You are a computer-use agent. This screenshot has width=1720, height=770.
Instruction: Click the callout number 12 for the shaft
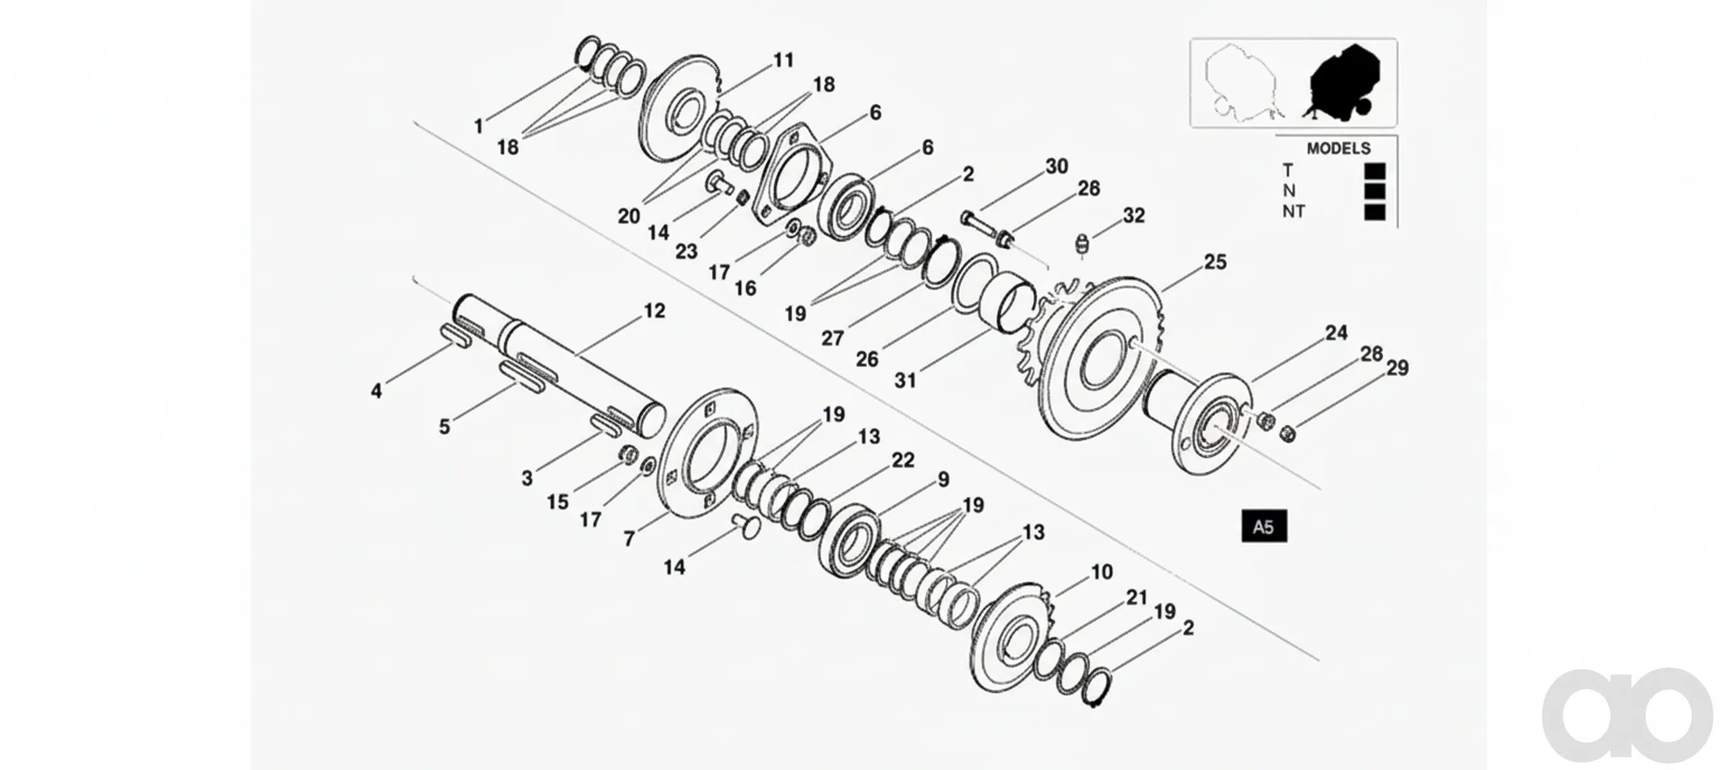coord(654,311)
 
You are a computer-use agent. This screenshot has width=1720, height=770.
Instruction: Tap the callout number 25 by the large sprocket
coord(1215,262)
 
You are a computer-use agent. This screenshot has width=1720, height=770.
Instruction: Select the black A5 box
coord(1264,526)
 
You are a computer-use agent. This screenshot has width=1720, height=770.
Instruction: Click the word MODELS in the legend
coord(1338,148)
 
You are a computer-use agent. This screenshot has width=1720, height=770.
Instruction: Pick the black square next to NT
coord(1375,212)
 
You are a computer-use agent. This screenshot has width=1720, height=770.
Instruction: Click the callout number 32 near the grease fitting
coord(1134,215)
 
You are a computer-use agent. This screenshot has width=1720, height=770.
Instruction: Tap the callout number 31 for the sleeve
coord(906,380)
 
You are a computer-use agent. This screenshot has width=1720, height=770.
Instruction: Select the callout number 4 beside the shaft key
coord(376,391)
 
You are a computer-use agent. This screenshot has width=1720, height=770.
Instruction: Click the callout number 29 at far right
coord(1397,368)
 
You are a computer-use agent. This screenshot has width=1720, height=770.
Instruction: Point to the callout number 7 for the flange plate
coord(629,538)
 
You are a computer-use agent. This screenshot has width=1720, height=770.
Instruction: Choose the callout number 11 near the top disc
coord(783,60)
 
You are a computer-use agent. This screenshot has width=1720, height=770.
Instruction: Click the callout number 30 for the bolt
coord(1057,166)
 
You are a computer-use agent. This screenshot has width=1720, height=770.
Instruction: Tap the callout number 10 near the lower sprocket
coord(1102,572)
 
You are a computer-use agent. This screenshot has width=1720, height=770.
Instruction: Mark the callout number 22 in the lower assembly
coord(903,460)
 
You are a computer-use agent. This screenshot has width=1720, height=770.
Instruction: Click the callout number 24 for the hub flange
coord(1336,332)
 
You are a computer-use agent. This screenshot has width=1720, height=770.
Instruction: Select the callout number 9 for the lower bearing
coord(943,479)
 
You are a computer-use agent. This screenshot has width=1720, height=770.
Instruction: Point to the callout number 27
coord(832,338)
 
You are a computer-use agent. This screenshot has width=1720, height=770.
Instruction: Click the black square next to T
coord(1375,171)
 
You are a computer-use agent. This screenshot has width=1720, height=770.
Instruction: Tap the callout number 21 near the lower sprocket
coord(1136,597)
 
